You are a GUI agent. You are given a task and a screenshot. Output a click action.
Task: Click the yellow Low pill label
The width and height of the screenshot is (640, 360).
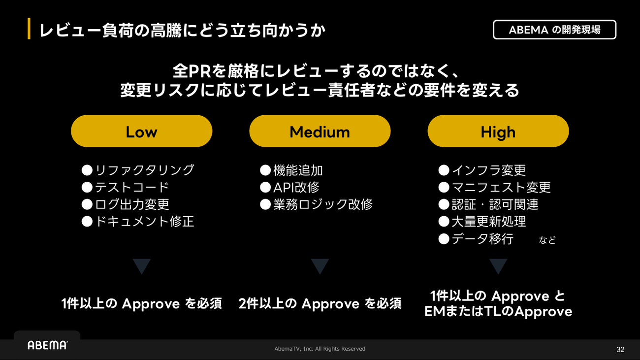(x=141, y=131)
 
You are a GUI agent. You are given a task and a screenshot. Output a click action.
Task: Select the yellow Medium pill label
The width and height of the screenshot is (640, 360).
(x=320, y=131)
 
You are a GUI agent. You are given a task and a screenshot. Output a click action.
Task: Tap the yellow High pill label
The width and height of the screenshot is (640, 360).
(x=498, y=131)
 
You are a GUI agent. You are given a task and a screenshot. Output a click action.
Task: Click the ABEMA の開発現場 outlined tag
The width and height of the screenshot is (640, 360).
(x=554, y=30)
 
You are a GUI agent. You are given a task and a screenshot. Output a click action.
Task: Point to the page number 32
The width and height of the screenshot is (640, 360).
(x=620, y=350)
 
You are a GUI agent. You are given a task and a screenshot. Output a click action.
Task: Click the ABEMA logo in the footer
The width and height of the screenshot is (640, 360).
(x=47, y=345)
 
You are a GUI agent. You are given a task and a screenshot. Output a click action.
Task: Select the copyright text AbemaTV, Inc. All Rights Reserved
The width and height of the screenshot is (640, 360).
(x=320, y=349)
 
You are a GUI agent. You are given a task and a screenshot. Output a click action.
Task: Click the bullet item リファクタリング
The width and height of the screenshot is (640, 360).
(x=138, y=170)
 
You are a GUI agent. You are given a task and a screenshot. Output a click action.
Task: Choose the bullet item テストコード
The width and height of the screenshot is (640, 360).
(x=126, y=188)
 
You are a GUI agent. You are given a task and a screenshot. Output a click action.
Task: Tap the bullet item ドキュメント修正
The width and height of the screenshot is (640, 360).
(x=138, y=222)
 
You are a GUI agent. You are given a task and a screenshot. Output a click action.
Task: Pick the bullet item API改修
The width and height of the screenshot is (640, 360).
(x=289, y=188)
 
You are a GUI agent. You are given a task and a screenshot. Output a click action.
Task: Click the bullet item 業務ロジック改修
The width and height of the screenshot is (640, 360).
(x=316, y=204)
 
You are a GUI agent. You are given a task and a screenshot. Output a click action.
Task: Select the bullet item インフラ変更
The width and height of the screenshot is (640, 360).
(x=482, y=170)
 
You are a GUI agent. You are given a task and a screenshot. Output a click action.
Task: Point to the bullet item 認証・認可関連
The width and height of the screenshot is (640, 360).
(x=488, y=204)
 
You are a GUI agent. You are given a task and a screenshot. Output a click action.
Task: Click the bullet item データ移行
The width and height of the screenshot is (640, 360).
(x=476, y=239)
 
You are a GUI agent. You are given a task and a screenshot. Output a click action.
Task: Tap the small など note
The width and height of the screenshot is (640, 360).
(x=547, y=240)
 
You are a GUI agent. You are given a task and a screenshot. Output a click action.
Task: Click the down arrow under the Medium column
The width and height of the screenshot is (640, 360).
(x=320, y=266)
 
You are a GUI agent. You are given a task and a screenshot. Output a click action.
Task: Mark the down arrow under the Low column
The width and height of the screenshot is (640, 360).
(x=141, y=266)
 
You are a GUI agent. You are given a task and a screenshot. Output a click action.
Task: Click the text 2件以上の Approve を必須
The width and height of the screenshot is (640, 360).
(x=320, y=303)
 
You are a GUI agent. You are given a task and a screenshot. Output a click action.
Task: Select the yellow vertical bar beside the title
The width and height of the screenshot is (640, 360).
(x=29, y=29)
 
